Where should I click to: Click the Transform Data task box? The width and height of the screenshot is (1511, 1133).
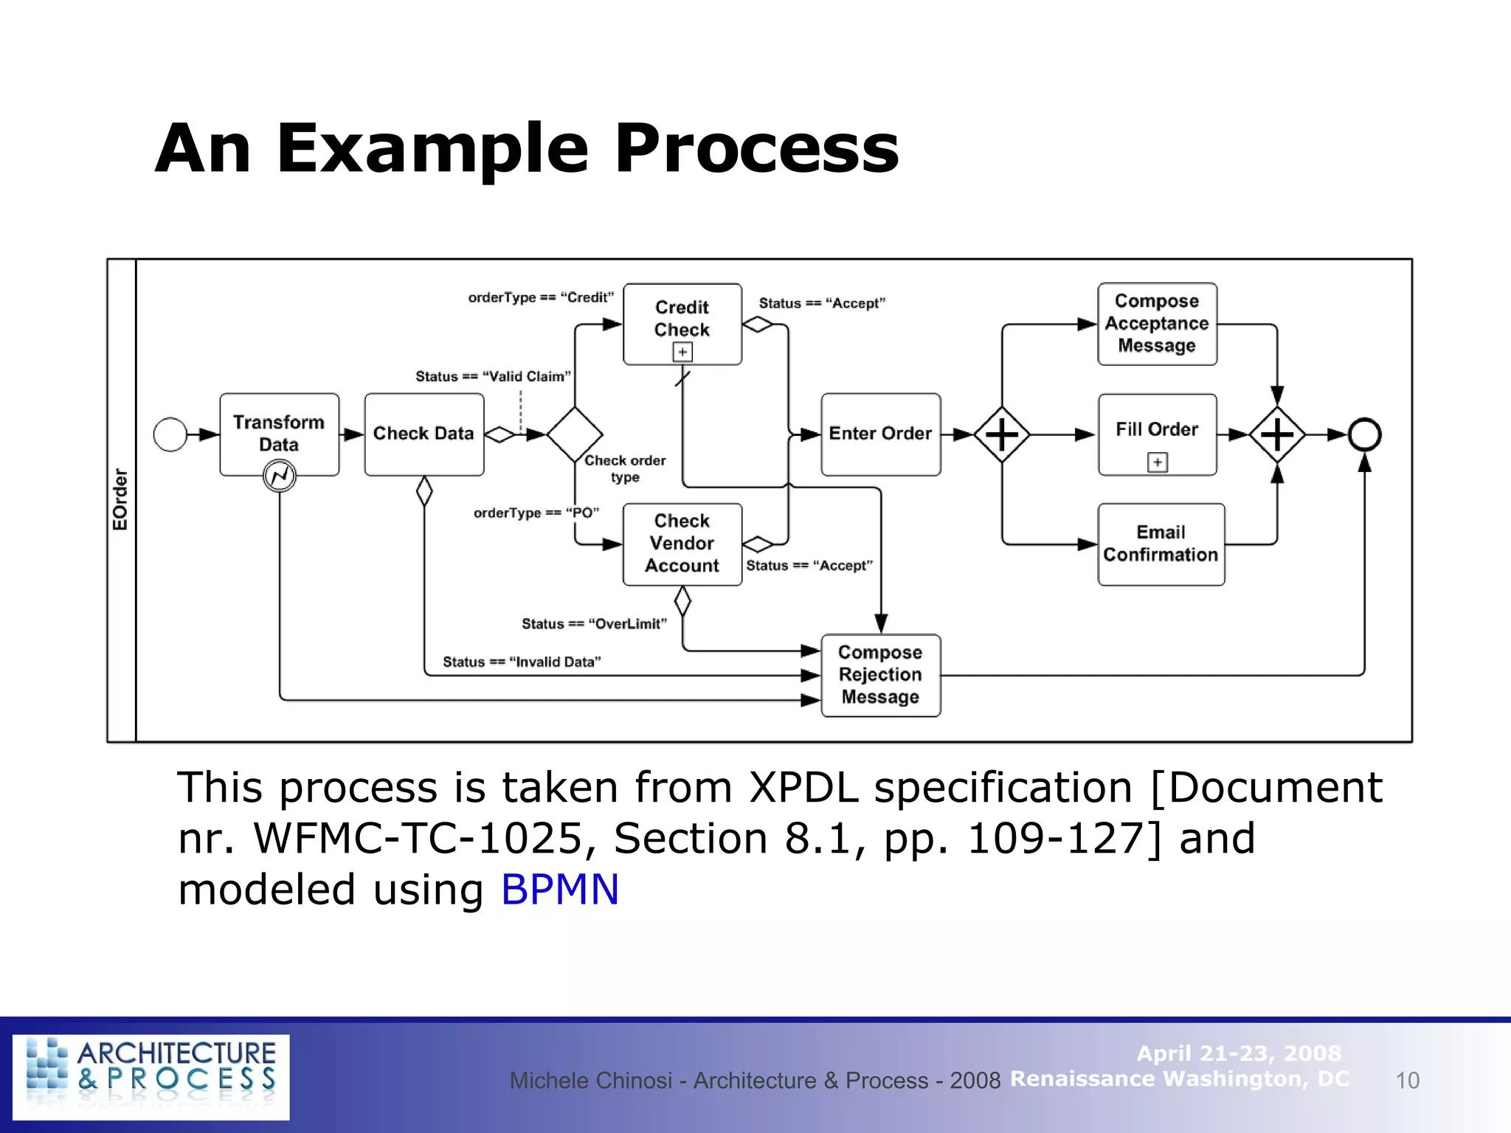[279, 434]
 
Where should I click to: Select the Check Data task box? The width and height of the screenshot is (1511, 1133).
[423, 434]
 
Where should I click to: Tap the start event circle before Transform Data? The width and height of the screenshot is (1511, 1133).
[170, 434]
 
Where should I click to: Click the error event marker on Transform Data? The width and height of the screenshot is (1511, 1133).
[280, 476]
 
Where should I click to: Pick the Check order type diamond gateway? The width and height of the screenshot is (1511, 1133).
[575, 434]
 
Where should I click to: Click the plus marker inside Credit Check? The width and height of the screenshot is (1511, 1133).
[682, 352]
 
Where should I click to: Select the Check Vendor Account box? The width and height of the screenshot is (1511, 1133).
[682, 544]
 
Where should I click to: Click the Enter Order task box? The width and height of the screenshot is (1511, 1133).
[880, 434]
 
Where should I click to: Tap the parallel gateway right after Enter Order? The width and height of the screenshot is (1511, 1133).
[1001, 434]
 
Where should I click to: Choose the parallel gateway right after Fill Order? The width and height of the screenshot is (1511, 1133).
[1277, 434]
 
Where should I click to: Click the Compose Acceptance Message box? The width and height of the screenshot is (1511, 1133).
[1156, 324]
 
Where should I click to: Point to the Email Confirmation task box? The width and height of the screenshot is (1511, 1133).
[1161, 544]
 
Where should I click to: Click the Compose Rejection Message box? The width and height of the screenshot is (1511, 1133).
[880, 675]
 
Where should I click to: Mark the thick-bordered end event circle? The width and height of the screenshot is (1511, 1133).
[1364, 434]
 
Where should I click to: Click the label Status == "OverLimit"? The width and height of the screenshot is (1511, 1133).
[594, 624]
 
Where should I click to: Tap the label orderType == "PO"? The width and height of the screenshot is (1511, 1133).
[536, 513]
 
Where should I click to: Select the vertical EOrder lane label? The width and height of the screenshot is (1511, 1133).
[120, 499]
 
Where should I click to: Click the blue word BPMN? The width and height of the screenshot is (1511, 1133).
[559, 889]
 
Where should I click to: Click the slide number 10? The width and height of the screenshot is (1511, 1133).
[1407, 1081]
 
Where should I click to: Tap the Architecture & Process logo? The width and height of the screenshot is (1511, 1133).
[151, 1076]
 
